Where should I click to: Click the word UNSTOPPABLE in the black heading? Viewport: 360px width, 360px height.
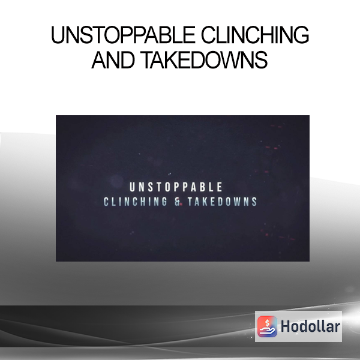click(x=123, y=35)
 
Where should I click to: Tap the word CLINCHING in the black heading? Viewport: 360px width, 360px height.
click(x=255, y=35)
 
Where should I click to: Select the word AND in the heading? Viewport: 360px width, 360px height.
click(x=113, y=59)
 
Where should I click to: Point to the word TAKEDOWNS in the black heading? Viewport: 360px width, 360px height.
click(x=204, y=59)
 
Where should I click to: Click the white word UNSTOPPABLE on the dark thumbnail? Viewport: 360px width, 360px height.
click(x=176, y=187)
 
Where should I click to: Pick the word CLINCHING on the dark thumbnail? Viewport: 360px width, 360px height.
click(x=136, y=202)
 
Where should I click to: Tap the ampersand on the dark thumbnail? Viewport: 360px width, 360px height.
click(x=178, y=202)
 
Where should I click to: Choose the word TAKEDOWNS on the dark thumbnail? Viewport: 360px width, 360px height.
click(x=222, y=202)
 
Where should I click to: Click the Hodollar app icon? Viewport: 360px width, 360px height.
click(x=267, y=326)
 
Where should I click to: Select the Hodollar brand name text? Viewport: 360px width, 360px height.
click(x=310, y=326)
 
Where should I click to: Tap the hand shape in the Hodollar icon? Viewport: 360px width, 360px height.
click(x=267, y=331)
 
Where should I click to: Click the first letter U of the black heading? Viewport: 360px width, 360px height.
click(x=57, y=35)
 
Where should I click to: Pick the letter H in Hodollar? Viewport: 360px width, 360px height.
click(x=285, y=326)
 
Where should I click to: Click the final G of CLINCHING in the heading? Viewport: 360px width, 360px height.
click(x=301, y=35)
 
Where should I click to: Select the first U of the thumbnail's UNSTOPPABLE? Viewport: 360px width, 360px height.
click(x=132, y=187)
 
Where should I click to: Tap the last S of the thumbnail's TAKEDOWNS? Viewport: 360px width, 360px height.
click(x=254, y=202)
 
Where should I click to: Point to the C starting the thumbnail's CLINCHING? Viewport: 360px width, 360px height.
click(x=106, y=202)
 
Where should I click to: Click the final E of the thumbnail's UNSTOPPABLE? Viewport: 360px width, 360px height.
click(x=220, y=187)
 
